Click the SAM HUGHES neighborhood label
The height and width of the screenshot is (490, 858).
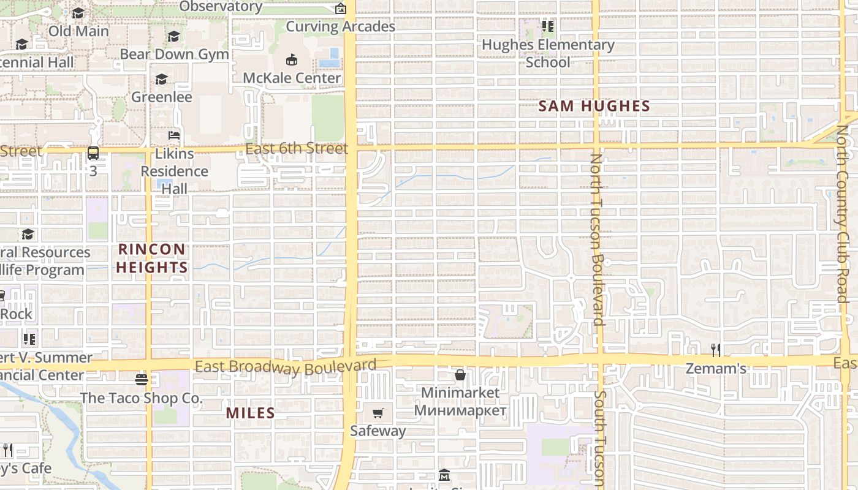[594, 106]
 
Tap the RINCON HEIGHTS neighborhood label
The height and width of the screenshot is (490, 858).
[151, 258]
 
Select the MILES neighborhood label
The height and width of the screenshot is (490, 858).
[250, 413]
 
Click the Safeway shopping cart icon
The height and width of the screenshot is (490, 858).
[378, 413]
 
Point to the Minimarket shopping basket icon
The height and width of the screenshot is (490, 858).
[460, 374]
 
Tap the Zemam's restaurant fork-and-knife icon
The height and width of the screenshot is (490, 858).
[715, 350]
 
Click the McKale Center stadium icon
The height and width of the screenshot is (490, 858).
[292, 60]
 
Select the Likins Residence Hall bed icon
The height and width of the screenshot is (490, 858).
[174, 135]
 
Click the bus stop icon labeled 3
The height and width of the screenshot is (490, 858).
[93, 153]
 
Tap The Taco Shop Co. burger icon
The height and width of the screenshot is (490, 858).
[142, 380]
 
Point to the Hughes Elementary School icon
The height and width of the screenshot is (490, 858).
[547, 26]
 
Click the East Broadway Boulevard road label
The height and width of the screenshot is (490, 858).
[286, 366]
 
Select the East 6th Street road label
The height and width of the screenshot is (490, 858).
[297, 149]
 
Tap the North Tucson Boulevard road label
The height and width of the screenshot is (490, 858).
[597, 239]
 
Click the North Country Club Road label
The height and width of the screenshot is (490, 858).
[843, 214]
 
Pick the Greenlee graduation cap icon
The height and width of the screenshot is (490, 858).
[162, 79]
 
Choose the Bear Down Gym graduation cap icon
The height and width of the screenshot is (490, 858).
[174, 36]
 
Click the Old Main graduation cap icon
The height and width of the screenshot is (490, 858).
[78, 13]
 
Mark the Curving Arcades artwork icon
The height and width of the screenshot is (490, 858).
[341, 9]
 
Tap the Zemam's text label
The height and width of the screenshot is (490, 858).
[715, 369]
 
